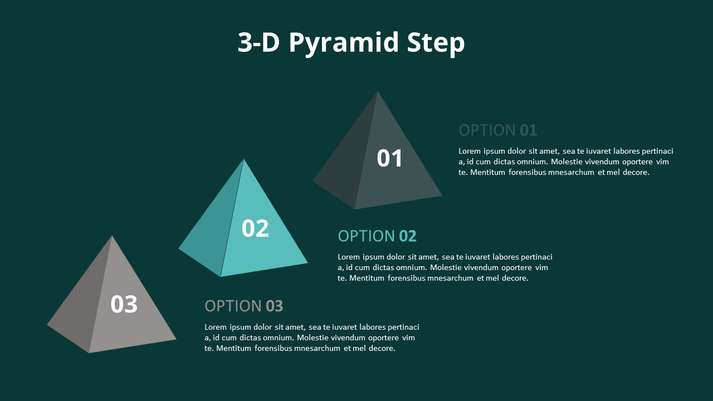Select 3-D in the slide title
click(x=258, y=42)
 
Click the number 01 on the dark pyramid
click(x=389, y=158)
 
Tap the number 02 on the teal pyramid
click(x=255, y=228)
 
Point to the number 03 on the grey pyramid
click(x=124, y=304)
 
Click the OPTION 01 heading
click(x=498, y=130)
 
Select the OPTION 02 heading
click(x=377, y=236)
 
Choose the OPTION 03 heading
click(x=244, y=306)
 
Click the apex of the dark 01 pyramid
click(x=378, y=92)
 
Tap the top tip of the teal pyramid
click(x=243, y=159)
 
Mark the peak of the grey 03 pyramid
click(x=112, y=236)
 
